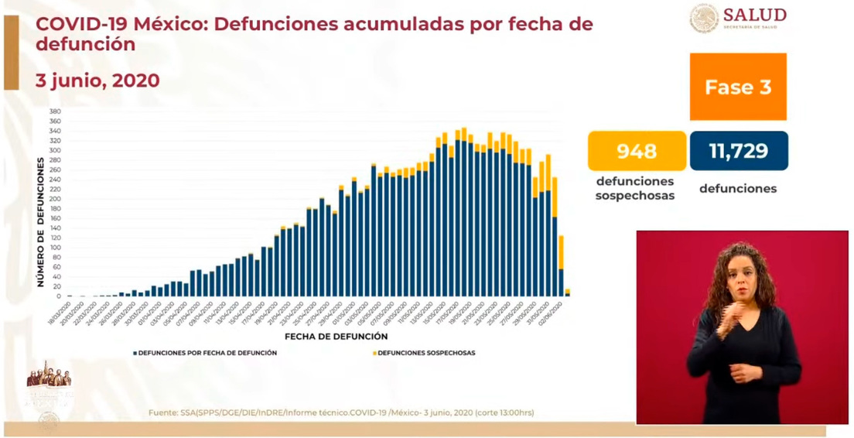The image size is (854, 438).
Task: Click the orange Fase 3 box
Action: [x=737, y=87]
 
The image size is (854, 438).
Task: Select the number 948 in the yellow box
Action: [x=637, y=151]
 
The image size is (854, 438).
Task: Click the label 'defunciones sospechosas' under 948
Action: [x=635, y=188]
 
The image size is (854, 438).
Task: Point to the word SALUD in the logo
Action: [x=755, y=15]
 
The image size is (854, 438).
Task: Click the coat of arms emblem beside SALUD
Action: [x=703, y=19]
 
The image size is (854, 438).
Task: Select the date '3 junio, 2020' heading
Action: [x=97, y=80]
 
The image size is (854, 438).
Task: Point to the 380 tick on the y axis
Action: [x=55, y=111]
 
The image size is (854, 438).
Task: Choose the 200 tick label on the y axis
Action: [x=55, y=199]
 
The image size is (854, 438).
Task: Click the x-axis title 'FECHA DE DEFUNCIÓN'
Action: [x=336, y=337]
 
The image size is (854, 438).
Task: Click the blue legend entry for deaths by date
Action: [x=206, y=353]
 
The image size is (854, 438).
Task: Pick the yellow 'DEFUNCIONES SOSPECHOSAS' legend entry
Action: [x=424, y=353]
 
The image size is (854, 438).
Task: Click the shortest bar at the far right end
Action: [x=568, y=293]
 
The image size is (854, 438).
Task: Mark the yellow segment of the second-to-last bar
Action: [x=561, y=252]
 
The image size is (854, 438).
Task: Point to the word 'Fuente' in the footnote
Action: [x=162, y=413]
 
